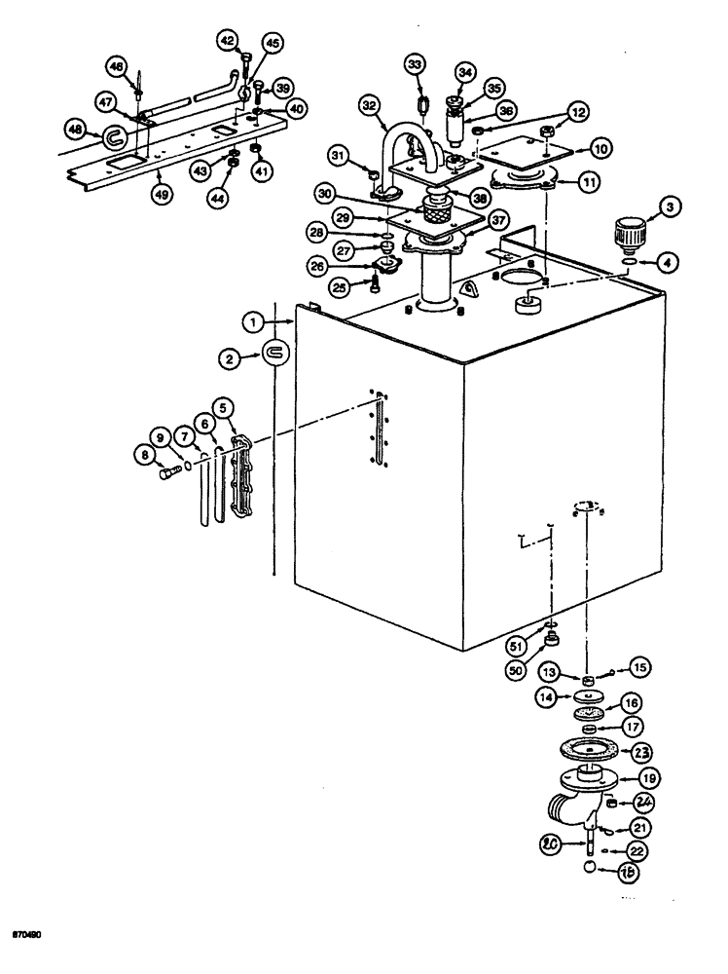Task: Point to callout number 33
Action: tap(416, 66)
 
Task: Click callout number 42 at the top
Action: tap(228, 40)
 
